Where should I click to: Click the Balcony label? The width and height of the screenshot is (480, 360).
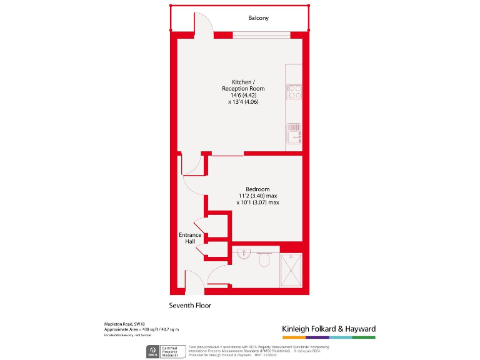coord(257,18)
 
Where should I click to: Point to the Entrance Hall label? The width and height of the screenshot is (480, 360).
coord(190,238)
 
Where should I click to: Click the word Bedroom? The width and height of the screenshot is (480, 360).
coord(257,189)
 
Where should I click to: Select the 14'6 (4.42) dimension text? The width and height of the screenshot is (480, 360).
coord(243,95)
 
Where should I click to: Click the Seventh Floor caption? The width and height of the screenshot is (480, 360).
coord(190,306)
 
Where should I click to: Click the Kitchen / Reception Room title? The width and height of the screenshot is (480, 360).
coord(243,86)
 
